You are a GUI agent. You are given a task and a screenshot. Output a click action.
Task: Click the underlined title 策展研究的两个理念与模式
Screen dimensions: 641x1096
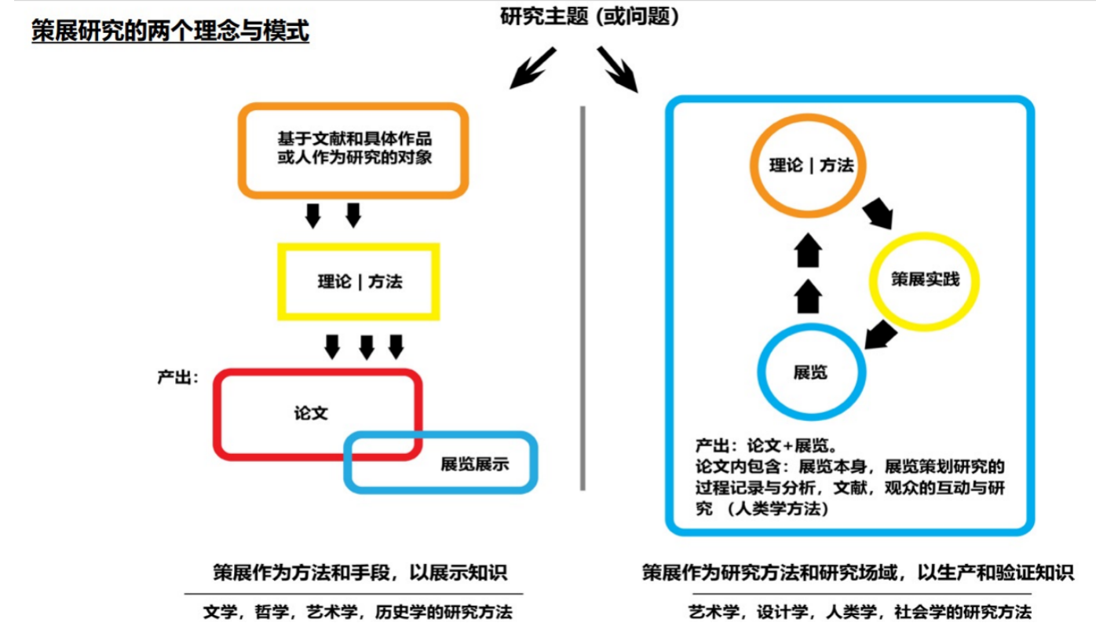click(170, 31)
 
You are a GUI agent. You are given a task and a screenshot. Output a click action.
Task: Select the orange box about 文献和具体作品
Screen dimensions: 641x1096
click(354, 148)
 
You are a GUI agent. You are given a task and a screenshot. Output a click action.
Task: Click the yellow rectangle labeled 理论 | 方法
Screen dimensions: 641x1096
click(359, 281)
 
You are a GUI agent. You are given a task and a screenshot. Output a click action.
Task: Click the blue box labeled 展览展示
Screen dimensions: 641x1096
click(474, 463)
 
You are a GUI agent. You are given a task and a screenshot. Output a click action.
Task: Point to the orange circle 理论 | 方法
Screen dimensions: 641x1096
click(811, 167)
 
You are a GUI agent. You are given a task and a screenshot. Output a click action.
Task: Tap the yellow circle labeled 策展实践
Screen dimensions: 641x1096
click(924, 280)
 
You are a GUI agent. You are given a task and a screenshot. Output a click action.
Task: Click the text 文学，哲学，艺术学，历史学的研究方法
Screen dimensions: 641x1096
click(356, 612)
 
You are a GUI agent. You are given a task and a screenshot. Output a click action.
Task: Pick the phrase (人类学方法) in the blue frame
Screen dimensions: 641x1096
click(778, 509)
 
